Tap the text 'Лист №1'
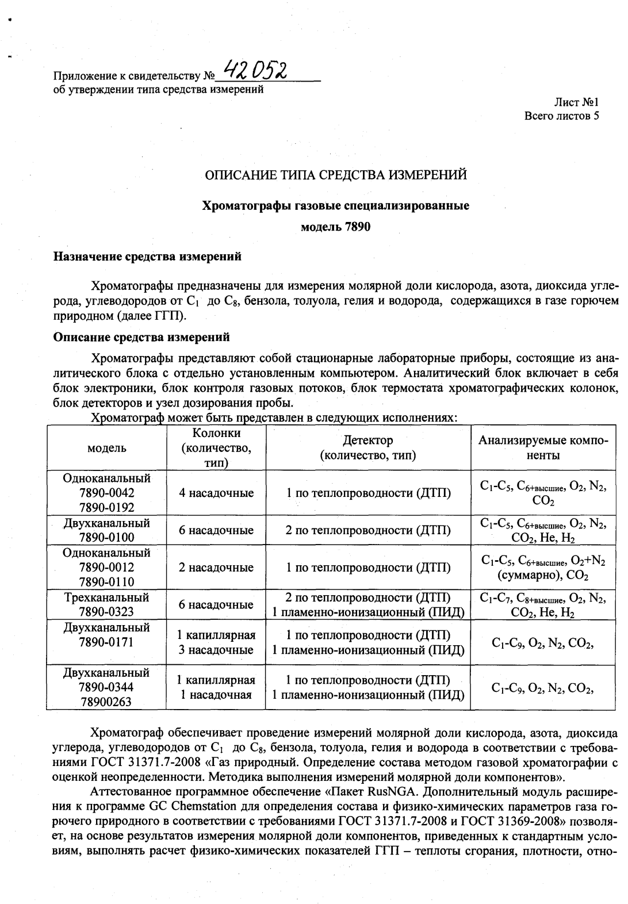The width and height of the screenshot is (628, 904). tap(576, 102)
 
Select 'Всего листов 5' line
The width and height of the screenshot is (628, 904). tap(562, 116)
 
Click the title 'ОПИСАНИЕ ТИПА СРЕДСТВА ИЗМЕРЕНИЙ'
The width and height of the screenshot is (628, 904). tap(336, 175)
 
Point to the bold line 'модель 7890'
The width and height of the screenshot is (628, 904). tap(336, 227)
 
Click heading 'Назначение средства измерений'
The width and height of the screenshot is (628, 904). tap(147, 257)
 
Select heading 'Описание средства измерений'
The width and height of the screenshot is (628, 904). tap(141, 337)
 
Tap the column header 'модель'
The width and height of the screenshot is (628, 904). tap(107, 448)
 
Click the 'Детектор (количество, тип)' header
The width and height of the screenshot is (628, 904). tap(368, 448)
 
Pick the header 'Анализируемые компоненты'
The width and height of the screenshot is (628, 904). tap(543, 448)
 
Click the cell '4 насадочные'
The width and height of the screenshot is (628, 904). tap(216, 493)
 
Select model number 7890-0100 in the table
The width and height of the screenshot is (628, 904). tap(107, 538)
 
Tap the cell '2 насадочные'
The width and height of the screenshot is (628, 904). tap(216, 568)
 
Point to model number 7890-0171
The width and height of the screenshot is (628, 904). tap(107, 642)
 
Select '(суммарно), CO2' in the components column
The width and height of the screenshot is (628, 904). tap(543, 576)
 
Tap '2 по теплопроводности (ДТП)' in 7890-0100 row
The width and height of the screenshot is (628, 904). tap(368, 530)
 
